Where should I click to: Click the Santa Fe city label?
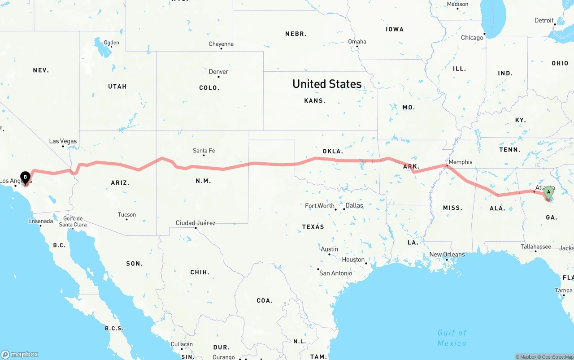(204, 151)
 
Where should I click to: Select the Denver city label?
(218, 72)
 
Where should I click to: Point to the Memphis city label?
(460, 162)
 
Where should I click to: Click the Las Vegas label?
(63, 141)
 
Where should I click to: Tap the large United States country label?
(327, 84)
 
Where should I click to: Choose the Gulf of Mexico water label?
(452, 338)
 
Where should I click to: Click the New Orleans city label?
(447, 255)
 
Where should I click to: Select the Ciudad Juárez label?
(196, 223)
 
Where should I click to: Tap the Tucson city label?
(126, 215)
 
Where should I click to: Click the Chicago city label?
(472, 38)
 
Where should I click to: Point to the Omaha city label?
(357, 42)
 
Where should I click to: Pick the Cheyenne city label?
(221, 44)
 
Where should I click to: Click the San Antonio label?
(335, 273)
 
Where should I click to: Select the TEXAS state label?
(313, 227)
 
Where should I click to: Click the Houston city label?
(353, 260)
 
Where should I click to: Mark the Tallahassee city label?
(535, 247)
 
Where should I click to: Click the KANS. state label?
(315, 101)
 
